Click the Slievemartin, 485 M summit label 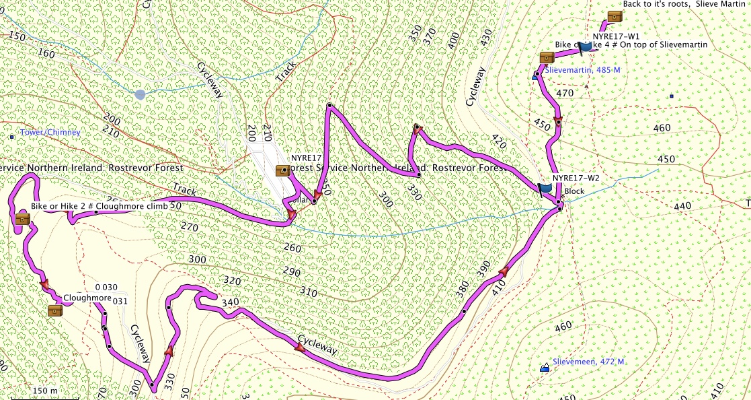[x=582, y=70]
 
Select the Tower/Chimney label [x=50, y=133]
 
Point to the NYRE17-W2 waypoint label [x=576, y=178]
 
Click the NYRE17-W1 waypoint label [x=616, y=36]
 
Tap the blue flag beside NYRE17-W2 [x=545, y=189]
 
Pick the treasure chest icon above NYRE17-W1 [x=614, y=17]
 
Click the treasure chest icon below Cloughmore [x=55, y=310]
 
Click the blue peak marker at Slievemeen [x=545, y=368]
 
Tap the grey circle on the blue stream [x=140, y=94]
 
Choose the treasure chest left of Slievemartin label [x=546, y=57]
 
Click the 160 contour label [x=46, y=53]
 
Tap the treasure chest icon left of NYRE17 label [x=283, y=170]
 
